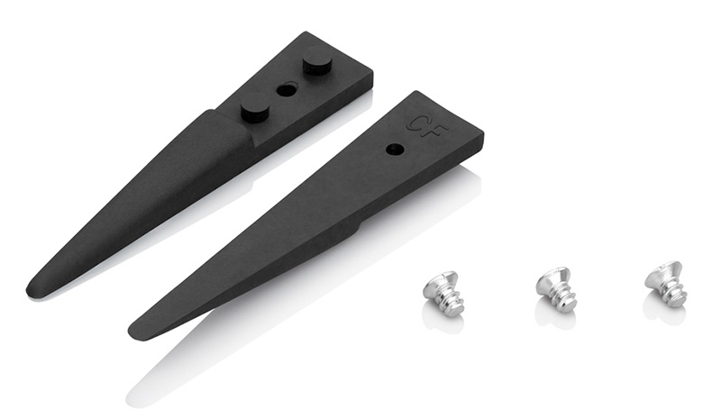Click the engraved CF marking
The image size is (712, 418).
coord(427,124)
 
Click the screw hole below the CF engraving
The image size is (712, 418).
coord(394,150)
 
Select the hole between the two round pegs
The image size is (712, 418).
coord(287,90)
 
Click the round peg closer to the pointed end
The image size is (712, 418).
coord(255,108)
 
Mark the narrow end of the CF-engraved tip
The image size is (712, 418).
coord(136,331)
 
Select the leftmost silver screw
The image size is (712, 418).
coord(443,290)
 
